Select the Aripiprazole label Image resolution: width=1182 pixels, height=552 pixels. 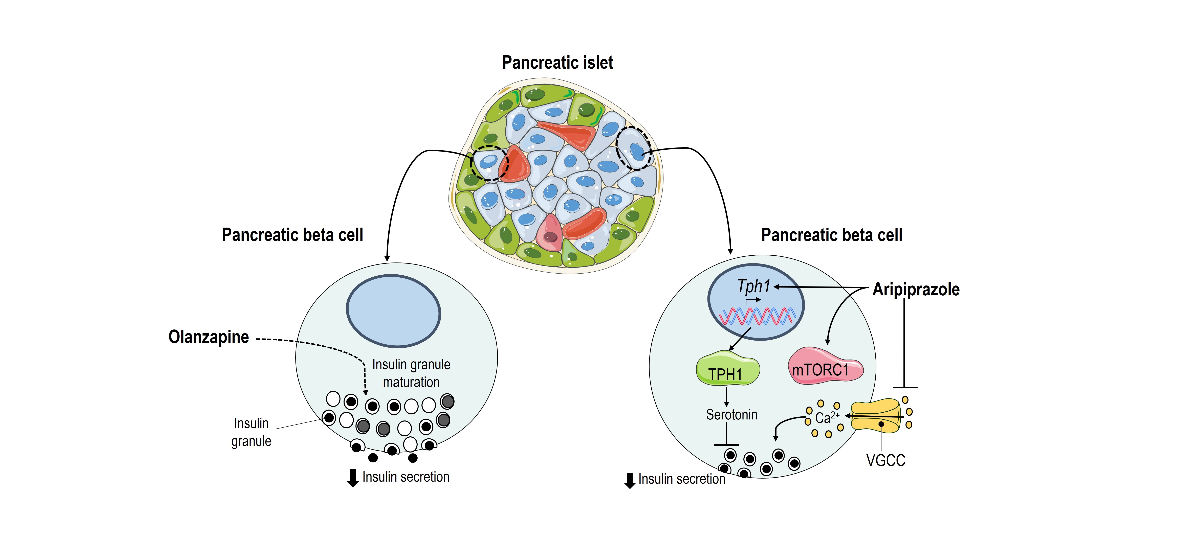(x=916, y=289)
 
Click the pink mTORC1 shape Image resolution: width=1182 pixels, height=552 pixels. (x=825, y=367)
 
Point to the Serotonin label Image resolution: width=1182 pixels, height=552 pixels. (x=731, y=414)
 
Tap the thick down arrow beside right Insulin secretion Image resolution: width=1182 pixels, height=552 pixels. (x=630, y=480)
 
